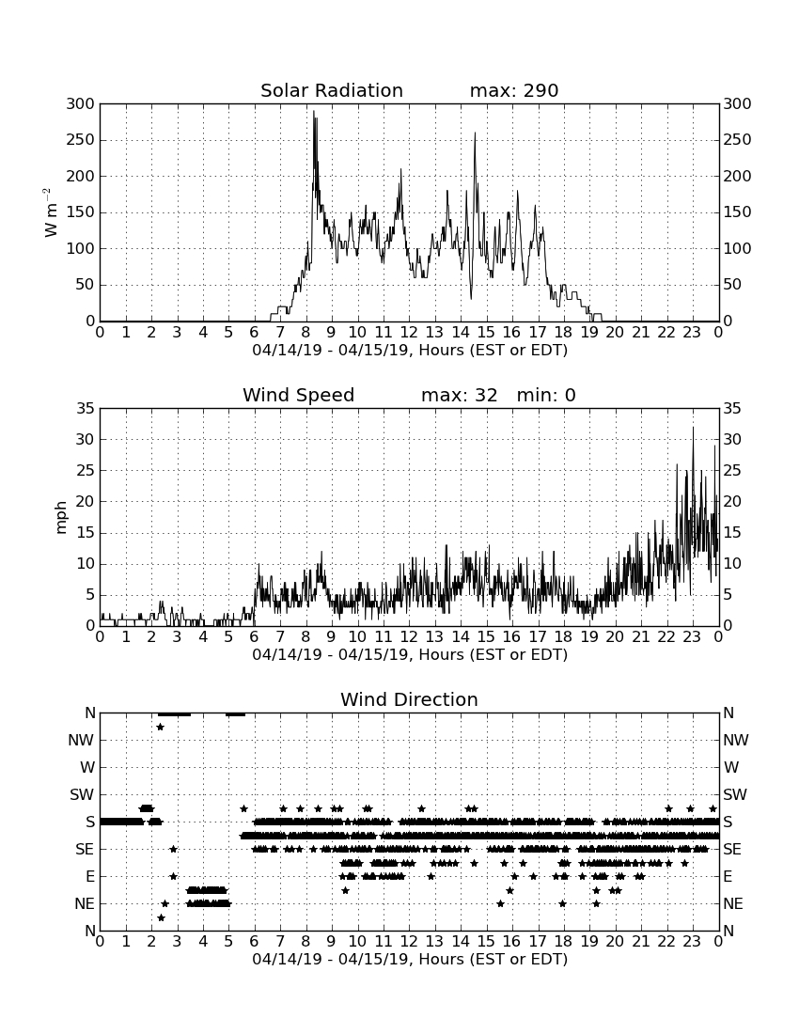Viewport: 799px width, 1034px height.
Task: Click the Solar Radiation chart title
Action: tap(332, 90)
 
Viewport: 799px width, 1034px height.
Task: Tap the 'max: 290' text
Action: tap(514, 90)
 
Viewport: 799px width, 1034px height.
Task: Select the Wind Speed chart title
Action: tap(299, 395)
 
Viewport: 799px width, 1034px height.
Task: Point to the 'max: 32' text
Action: tap(460, 395)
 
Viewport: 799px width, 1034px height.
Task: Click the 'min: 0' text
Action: tap(546, 395)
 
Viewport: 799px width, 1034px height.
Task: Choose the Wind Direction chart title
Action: tap(410, 699)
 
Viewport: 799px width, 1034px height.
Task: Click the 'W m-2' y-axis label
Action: tap(50, 212)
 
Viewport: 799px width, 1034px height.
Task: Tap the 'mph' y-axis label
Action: tap(61, 518)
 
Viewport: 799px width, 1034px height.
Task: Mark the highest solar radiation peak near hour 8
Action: tap(314, 112)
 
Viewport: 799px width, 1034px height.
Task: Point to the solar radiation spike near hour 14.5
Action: tap(475, 133)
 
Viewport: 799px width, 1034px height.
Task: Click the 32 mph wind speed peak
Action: tap(693, 428)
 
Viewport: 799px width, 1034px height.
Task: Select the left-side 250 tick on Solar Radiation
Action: tap(81, 140)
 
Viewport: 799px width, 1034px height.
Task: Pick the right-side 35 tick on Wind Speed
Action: tap(732, 409)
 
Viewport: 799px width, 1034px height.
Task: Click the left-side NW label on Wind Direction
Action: tap(82, 741)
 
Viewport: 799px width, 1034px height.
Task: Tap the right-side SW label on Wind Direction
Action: tap(735, 794)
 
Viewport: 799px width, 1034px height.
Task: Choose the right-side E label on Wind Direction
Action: tap(728, 876)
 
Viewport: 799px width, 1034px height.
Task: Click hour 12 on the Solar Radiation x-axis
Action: tap(409, 333)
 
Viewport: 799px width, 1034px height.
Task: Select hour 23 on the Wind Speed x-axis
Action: tap(692, 637)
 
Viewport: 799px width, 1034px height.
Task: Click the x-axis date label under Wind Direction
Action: tap(410, 959)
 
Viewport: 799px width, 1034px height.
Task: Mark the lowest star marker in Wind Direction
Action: tap(161, 917)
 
